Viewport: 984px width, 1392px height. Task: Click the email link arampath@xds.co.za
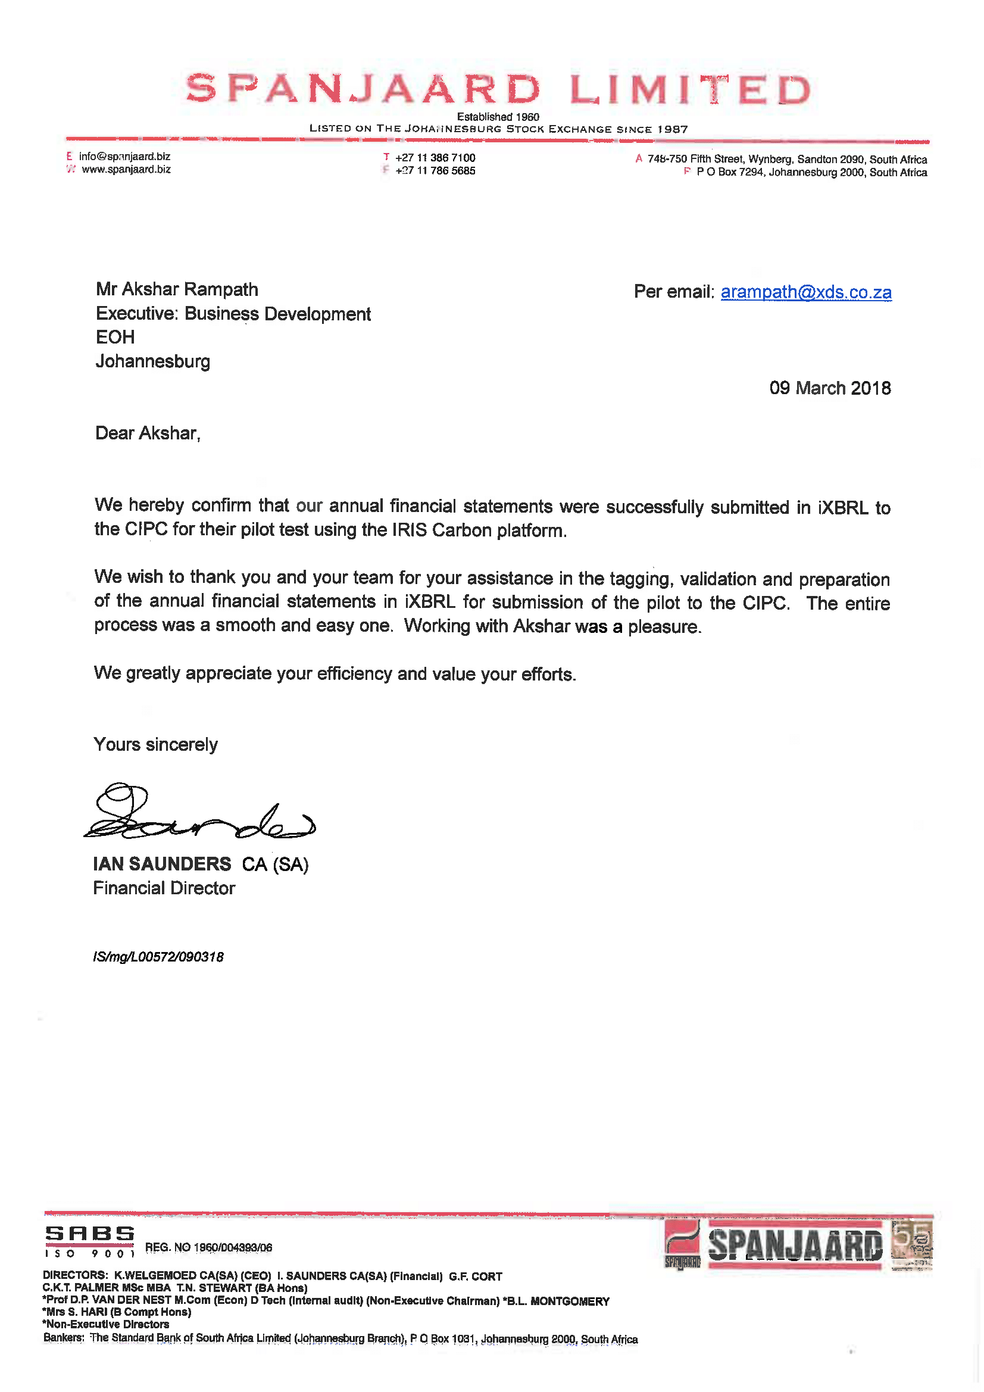click(x=805, y=292)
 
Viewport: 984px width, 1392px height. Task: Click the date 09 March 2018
click(x=829, y=388)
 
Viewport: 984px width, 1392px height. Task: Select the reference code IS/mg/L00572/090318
click(x=158, y=957)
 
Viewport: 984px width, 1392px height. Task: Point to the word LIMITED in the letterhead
click(x=689, y=90)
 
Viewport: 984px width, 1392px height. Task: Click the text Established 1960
click(x=498, y=117)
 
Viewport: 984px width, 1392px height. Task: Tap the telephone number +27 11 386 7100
click(x=435, y=158)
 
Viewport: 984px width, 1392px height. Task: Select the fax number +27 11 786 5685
click(x=435, y=171)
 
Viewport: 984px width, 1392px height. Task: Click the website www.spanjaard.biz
click(x=126, y=170)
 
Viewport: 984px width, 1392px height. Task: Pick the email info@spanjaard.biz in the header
click(x=124, y=157)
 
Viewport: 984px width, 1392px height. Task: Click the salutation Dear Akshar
click(x=147, y=433)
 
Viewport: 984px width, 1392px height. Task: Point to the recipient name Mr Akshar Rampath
click(x=177, y=289)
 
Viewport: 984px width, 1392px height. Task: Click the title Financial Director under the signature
click(x=164, y=888)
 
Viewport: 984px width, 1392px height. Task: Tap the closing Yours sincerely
click(x=155, y=744)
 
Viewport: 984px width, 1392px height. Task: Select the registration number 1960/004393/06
click(x=232, y=1248)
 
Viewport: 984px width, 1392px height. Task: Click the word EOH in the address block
click(x=115, y=337)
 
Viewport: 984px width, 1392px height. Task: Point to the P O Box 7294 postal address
click(x=811, y=172)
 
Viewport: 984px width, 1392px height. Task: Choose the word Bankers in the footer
click(x=63, y=1337)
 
